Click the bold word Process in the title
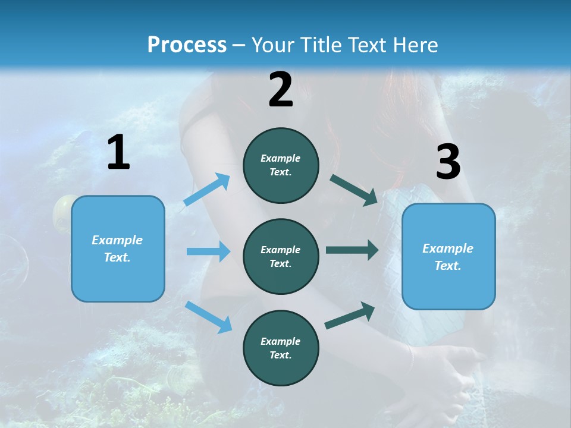pos(187,45)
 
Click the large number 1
pos(118,153)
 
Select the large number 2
pos(281,90)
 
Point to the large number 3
pos(448,162)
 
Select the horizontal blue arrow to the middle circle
pos(208,251)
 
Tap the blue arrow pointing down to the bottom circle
pos(209,317)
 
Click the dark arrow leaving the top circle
pos(354,190)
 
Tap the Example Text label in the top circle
pos(281,165)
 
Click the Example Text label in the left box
pos(118,248)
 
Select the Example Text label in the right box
pos(448,257)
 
